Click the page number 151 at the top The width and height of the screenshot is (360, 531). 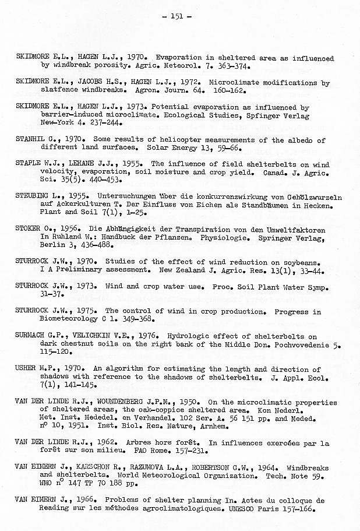pyautogui.click(x=181, y=16)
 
